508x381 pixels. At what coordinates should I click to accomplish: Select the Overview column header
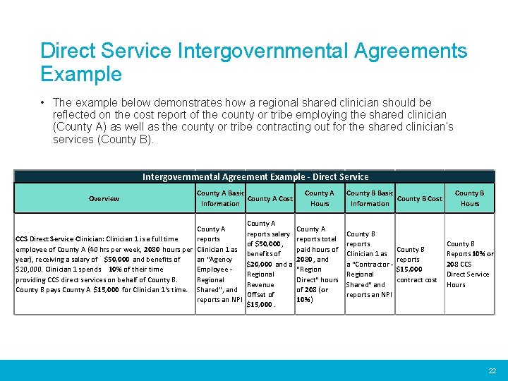[x=104, y=198]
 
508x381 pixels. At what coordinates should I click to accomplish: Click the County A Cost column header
[x=270, y=199]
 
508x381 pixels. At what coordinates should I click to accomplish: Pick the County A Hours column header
[x=319, y=198]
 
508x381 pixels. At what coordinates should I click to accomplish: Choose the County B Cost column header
[x=420, y=199]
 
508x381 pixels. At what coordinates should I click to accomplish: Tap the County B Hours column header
[x=469, y=198]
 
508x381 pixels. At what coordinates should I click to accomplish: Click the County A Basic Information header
[x=220, y=198]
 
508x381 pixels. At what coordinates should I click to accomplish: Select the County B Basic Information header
[x=370, y=198]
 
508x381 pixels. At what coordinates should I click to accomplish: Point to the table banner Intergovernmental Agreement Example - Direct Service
[x=255, y=177]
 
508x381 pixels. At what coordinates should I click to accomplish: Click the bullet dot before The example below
[x=44, y=103]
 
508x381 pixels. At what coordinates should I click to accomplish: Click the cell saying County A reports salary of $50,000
[x=270, y=264]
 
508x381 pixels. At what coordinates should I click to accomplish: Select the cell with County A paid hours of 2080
[x=319, y=264]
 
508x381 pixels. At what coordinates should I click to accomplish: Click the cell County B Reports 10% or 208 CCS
[x=470, y=264]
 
